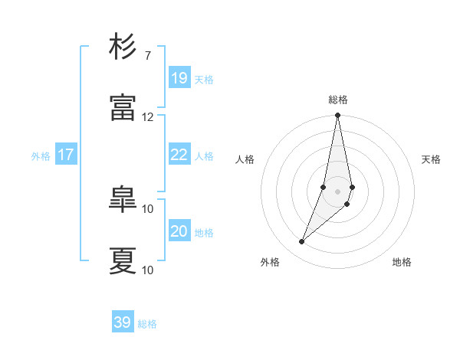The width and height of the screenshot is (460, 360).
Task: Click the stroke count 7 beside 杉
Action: pyautogui.click(x=148, y=55)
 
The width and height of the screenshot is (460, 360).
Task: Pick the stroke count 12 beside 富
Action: pyautogui.click(x=148, y=116)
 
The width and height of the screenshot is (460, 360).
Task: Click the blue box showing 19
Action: pyautogui.click(x=179, y=78)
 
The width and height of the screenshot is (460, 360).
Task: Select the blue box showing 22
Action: pyautogui.click(x=179, y=155)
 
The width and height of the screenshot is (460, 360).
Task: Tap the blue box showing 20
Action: pyautogui.click(x=179, y=231)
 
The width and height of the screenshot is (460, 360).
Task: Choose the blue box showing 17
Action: pyautogui.click(x=66, y=155)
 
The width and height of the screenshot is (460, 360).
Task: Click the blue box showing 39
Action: pyautogui.click(x=123, y=322)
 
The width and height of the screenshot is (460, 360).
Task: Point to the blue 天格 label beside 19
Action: pyautogui.click(x=204, y=80)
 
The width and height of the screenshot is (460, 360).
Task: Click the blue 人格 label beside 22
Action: pyautogui.click(x=204, y=156)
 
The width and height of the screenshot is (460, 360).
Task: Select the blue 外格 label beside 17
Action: pyautogui.click(x=41, y=156)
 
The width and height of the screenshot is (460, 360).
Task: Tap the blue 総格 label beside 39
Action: pyautogui.click(x=148, y=324)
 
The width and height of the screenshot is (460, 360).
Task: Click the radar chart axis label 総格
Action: pyautogui.click(x=338, y=100)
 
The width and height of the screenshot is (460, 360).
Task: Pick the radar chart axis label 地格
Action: pyautogui.click(x=402, y=262)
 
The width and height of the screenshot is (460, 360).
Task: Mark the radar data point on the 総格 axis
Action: pyautogui.click(x=338, y=116)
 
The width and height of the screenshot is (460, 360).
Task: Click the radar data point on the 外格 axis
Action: pyautogui.click(x=301, y=242)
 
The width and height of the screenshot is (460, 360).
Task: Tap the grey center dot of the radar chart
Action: pyautogui.click(x=338, y=191)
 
